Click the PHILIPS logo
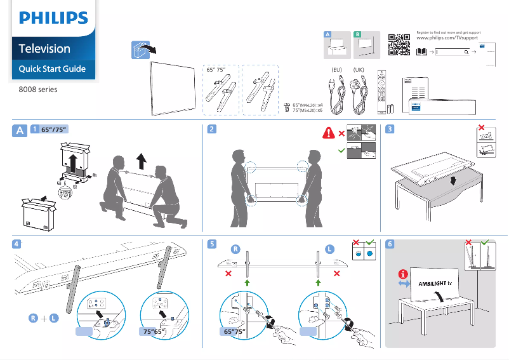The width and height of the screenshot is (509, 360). (x=53, y=18)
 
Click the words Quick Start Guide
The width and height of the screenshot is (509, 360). (x=52, y=69)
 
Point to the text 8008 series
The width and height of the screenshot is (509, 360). (x=38, y=90)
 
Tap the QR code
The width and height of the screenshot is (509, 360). (x=398, y=43)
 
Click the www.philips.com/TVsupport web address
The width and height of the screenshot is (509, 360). (x=448, y=39)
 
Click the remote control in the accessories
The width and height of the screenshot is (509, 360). (x=381, y=90)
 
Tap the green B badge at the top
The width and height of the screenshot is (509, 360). (x=357, y=33)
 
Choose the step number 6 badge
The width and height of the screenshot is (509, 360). (x=390, y=243)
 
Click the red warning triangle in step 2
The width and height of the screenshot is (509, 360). (x=329, y=133)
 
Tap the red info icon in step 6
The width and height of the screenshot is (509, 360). (x=402, y=274)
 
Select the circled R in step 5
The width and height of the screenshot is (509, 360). (x=235, y=249)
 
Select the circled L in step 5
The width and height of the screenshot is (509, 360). (x=329, y=249)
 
